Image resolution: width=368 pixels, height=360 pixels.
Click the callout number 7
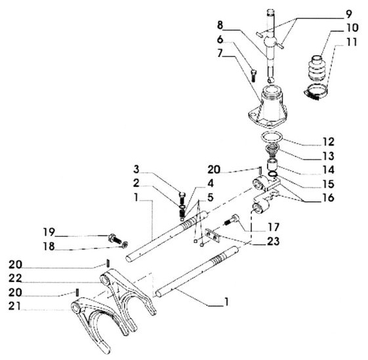pyautogui.click(x=220, y=53)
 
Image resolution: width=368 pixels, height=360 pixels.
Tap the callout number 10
pyautogui.click(x=352, y=28)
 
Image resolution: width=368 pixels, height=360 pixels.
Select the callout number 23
pyautogui.click(x=274, y=241)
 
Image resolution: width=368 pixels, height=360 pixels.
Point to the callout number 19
pyautogui.click(x=49, y=232)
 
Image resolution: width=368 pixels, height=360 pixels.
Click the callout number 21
pyautogui.click(x=14, y=306)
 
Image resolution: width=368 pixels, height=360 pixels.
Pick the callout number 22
pyautogui.click(x=15, y=278)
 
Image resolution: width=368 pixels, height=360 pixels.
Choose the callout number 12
pyautogui.click(x=328, y=142)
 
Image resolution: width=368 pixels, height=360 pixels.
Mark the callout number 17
pyautogui.click(x=274, y=227)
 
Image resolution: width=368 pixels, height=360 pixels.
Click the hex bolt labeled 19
pyautogui.click(x=115, y=239)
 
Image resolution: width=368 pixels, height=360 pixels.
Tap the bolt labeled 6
pyautogui.click(x=253, y=75)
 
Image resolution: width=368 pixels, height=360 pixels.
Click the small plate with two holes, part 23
pyautogui.click(x=213, y=235)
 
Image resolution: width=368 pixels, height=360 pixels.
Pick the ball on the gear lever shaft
pyautogui.click(x=270, y=43)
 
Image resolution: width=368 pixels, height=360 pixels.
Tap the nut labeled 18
pyautogui.click(x=125, y=245)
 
